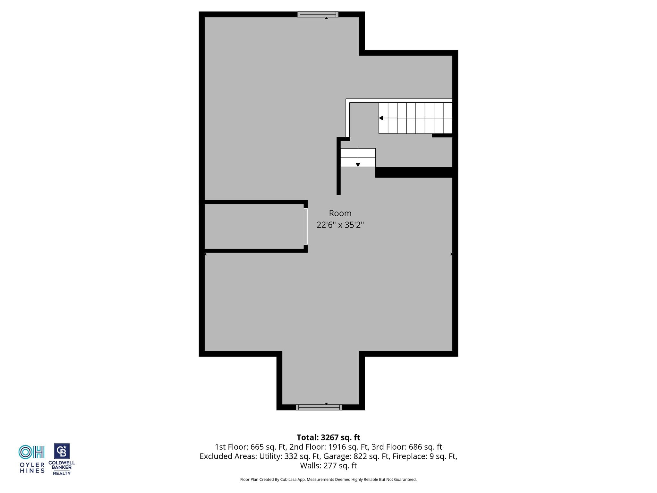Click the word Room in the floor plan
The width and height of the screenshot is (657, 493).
340,213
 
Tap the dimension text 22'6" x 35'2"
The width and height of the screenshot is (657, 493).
340,225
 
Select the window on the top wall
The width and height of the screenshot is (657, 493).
318,14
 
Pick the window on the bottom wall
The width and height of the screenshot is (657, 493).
319,407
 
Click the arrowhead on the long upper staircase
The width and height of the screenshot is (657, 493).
381,118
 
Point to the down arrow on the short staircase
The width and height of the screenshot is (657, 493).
358,165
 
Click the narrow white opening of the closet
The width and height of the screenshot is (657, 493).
306,227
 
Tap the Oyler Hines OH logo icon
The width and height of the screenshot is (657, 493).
31,452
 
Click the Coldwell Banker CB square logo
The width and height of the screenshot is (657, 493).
62,451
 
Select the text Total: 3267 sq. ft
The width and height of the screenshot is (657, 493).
328,437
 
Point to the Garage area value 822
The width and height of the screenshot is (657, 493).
360,456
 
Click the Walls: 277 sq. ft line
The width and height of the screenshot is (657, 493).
328,465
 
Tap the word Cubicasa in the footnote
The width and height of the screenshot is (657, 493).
288,480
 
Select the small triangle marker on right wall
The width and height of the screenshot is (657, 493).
451,254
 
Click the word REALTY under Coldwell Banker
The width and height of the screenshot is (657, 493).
62,473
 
